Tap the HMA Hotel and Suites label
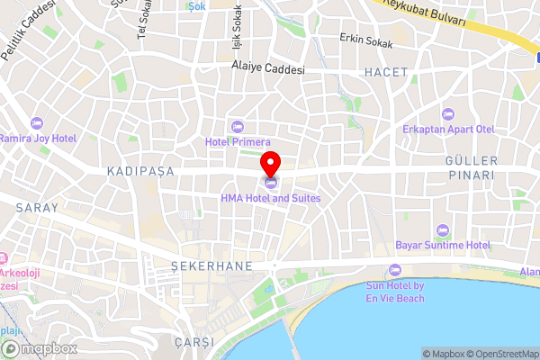[x=271, y=197]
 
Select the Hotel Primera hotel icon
[x=238, y=125]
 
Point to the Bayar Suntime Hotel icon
[x=441, y=230]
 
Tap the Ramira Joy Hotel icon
[x=37, y=123]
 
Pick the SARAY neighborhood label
[x=37, y=208]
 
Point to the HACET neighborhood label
[x=386, y=71]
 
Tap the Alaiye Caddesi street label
[x=268, y=68]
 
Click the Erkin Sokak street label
[x=367, y=39]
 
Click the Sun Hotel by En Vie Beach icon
[x=394, y=271]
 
